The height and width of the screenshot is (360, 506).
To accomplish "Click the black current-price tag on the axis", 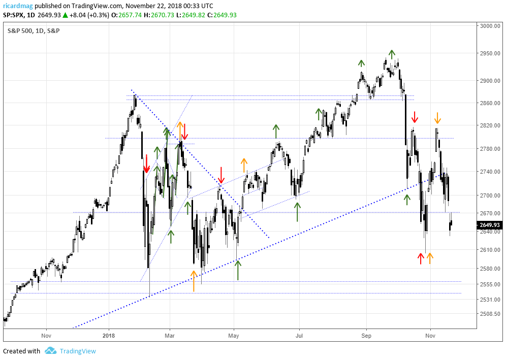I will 489,225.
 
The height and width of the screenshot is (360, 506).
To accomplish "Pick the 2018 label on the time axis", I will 108,335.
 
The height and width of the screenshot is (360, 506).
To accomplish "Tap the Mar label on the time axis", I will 170,335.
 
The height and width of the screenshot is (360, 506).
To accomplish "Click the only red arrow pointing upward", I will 421,258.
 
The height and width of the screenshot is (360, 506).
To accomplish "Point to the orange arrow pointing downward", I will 437,118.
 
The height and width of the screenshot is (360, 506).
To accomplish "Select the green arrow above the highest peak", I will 392,53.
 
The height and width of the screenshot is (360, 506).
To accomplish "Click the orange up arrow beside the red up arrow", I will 430,258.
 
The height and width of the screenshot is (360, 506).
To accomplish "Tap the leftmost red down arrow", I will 146,163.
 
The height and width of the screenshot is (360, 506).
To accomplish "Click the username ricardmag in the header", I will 18,6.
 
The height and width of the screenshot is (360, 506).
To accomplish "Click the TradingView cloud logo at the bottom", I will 50,351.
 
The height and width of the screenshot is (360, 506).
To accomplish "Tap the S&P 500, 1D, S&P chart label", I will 34,31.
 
